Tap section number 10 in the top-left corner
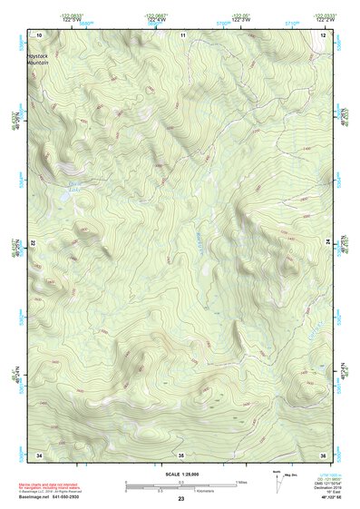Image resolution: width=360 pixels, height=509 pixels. (x=39, y=34)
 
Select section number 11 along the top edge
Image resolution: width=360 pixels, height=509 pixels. (x=181, y=34)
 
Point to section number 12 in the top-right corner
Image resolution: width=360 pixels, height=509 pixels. (x=324, y=34)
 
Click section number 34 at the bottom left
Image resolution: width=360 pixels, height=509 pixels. (x=39, y=454)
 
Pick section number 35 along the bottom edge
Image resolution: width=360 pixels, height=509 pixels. (x=181, y=454)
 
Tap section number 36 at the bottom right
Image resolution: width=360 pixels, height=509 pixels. (x=324, y=454)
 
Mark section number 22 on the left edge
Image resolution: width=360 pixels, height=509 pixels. (x=34, y=244)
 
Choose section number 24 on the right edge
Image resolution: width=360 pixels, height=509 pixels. (x=328, y=244)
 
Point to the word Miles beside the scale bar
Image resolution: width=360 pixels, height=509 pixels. (x=240, y=482)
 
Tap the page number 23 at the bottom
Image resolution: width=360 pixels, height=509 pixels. (x=181, y=500)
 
